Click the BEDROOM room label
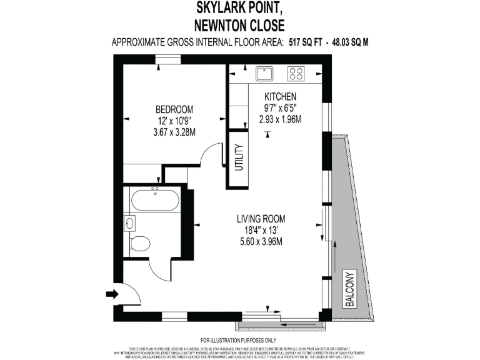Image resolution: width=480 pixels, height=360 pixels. click(x=174, y=108)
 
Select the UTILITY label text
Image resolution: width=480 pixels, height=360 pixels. click(x=238, y=159)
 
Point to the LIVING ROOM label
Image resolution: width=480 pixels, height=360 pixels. click(x=261, y=219)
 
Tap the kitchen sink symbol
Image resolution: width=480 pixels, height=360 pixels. click(x=265, y=73)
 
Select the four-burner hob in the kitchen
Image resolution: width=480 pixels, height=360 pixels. click(x=296, y=73)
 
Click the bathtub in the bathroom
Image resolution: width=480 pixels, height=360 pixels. click(x=155, y=201)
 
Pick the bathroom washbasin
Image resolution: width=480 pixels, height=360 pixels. click(x=130, y=223)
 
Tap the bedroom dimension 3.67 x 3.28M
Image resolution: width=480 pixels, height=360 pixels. click(x=174, y=132)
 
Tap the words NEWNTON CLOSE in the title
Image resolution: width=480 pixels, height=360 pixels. click(x=240, y=26)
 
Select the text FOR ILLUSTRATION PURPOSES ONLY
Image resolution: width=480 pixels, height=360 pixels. click(x=240, y=340)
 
